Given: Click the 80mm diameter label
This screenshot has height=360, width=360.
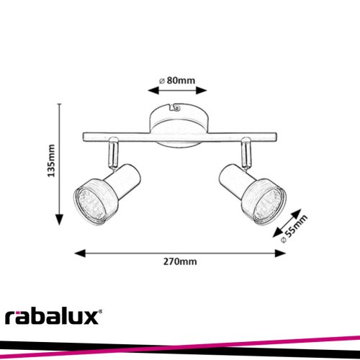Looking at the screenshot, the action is pos(177,81).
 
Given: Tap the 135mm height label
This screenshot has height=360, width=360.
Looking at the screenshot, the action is pos(51,161).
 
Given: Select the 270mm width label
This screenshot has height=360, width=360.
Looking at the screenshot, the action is pos(180,261).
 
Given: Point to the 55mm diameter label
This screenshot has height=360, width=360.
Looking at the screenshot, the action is pos(294,229).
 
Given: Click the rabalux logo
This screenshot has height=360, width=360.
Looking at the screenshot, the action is pos(53,317).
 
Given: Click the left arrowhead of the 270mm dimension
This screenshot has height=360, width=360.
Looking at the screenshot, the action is pos(80,253).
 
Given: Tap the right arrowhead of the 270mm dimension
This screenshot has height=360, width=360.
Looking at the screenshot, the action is pos(280,253).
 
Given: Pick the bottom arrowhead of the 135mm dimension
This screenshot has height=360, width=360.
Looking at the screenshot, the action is pos(59,220).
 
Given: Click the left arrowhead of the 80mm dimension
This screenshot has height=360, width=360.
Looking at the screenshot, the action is pos(153,91).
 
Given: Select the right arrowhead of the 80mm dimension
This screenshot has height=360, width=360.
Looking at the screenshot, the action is pos(202,91).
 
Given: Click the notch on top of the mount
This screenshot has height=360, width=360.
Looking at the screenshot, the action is pos(175,107).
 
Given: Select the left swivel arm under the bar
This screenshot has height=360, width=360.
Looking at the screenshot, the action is pos(113,153).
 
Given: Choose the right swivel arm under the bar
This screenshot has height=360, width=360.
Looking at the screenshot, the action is pos(246,153).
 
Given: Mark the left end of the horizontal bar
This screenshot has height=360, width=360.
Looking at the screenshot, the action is pos(83,137).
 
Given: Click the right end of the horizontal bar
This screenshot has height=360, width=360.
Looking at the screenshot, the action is pos(276,137).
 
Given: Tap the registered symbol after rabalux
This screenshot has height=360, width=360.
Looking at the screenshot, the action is pos(100,312).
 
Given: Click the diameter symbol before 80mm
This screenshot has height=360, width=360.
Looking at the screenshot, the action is pos(162,81).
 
